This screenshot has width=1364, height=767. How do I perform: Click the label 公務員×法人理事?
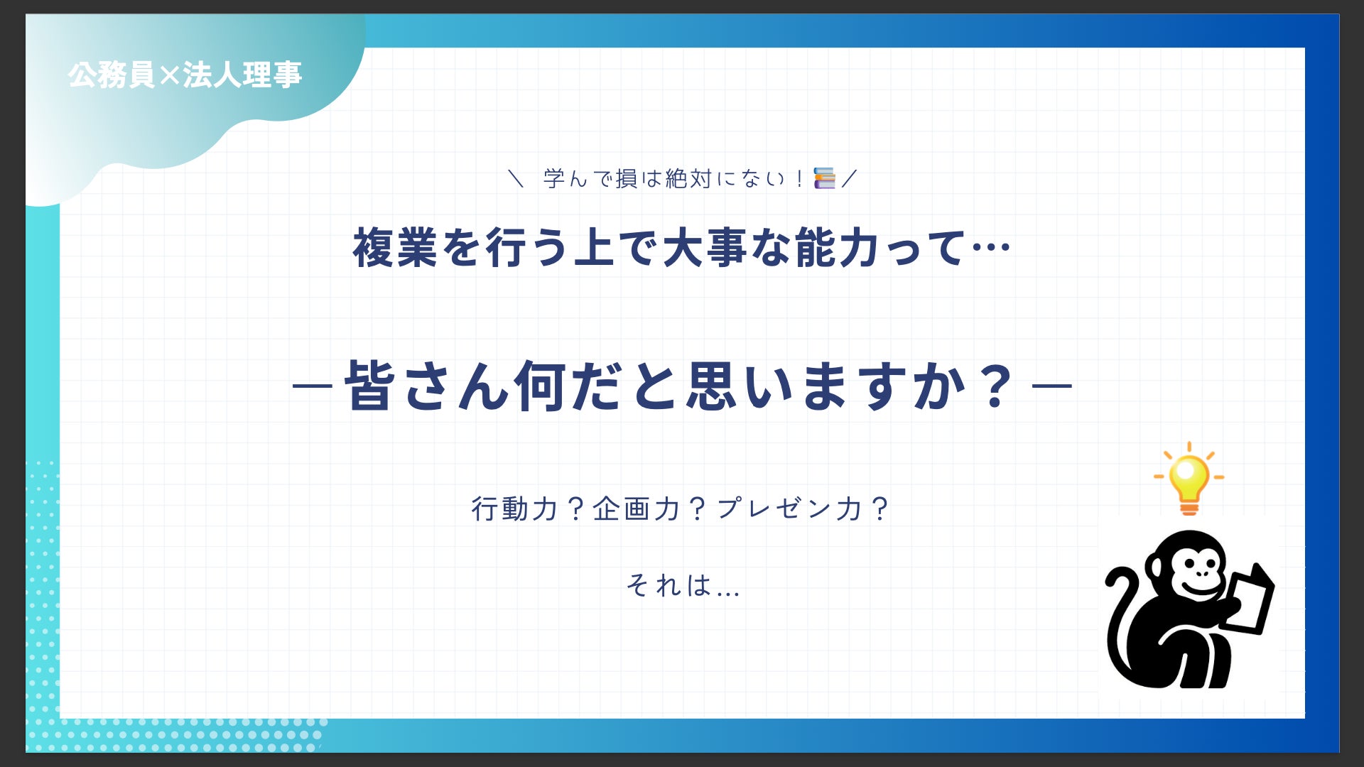(x=185, y=75)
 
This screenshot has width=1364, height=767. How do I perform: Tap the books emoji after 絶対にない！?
(x=824, y=178)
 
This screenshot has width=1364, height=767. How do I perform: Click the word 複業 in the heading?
(x=396, y=248)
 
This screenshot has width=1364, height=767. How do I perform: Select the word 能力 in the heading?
(x=839, y=248)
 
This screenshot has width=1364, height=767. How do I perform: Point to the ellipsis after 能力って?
(x=990, y=248)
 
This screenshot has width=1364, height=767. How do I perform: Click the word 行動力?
(x=515, y=508)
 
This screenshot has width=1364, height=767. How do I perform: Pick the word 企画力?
(x=636, y=508)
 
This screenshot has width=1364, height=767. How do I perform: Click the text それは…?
(x=683, y=585)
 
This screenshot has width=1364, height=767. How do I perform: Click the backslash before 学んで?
(x=516, y=178)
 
